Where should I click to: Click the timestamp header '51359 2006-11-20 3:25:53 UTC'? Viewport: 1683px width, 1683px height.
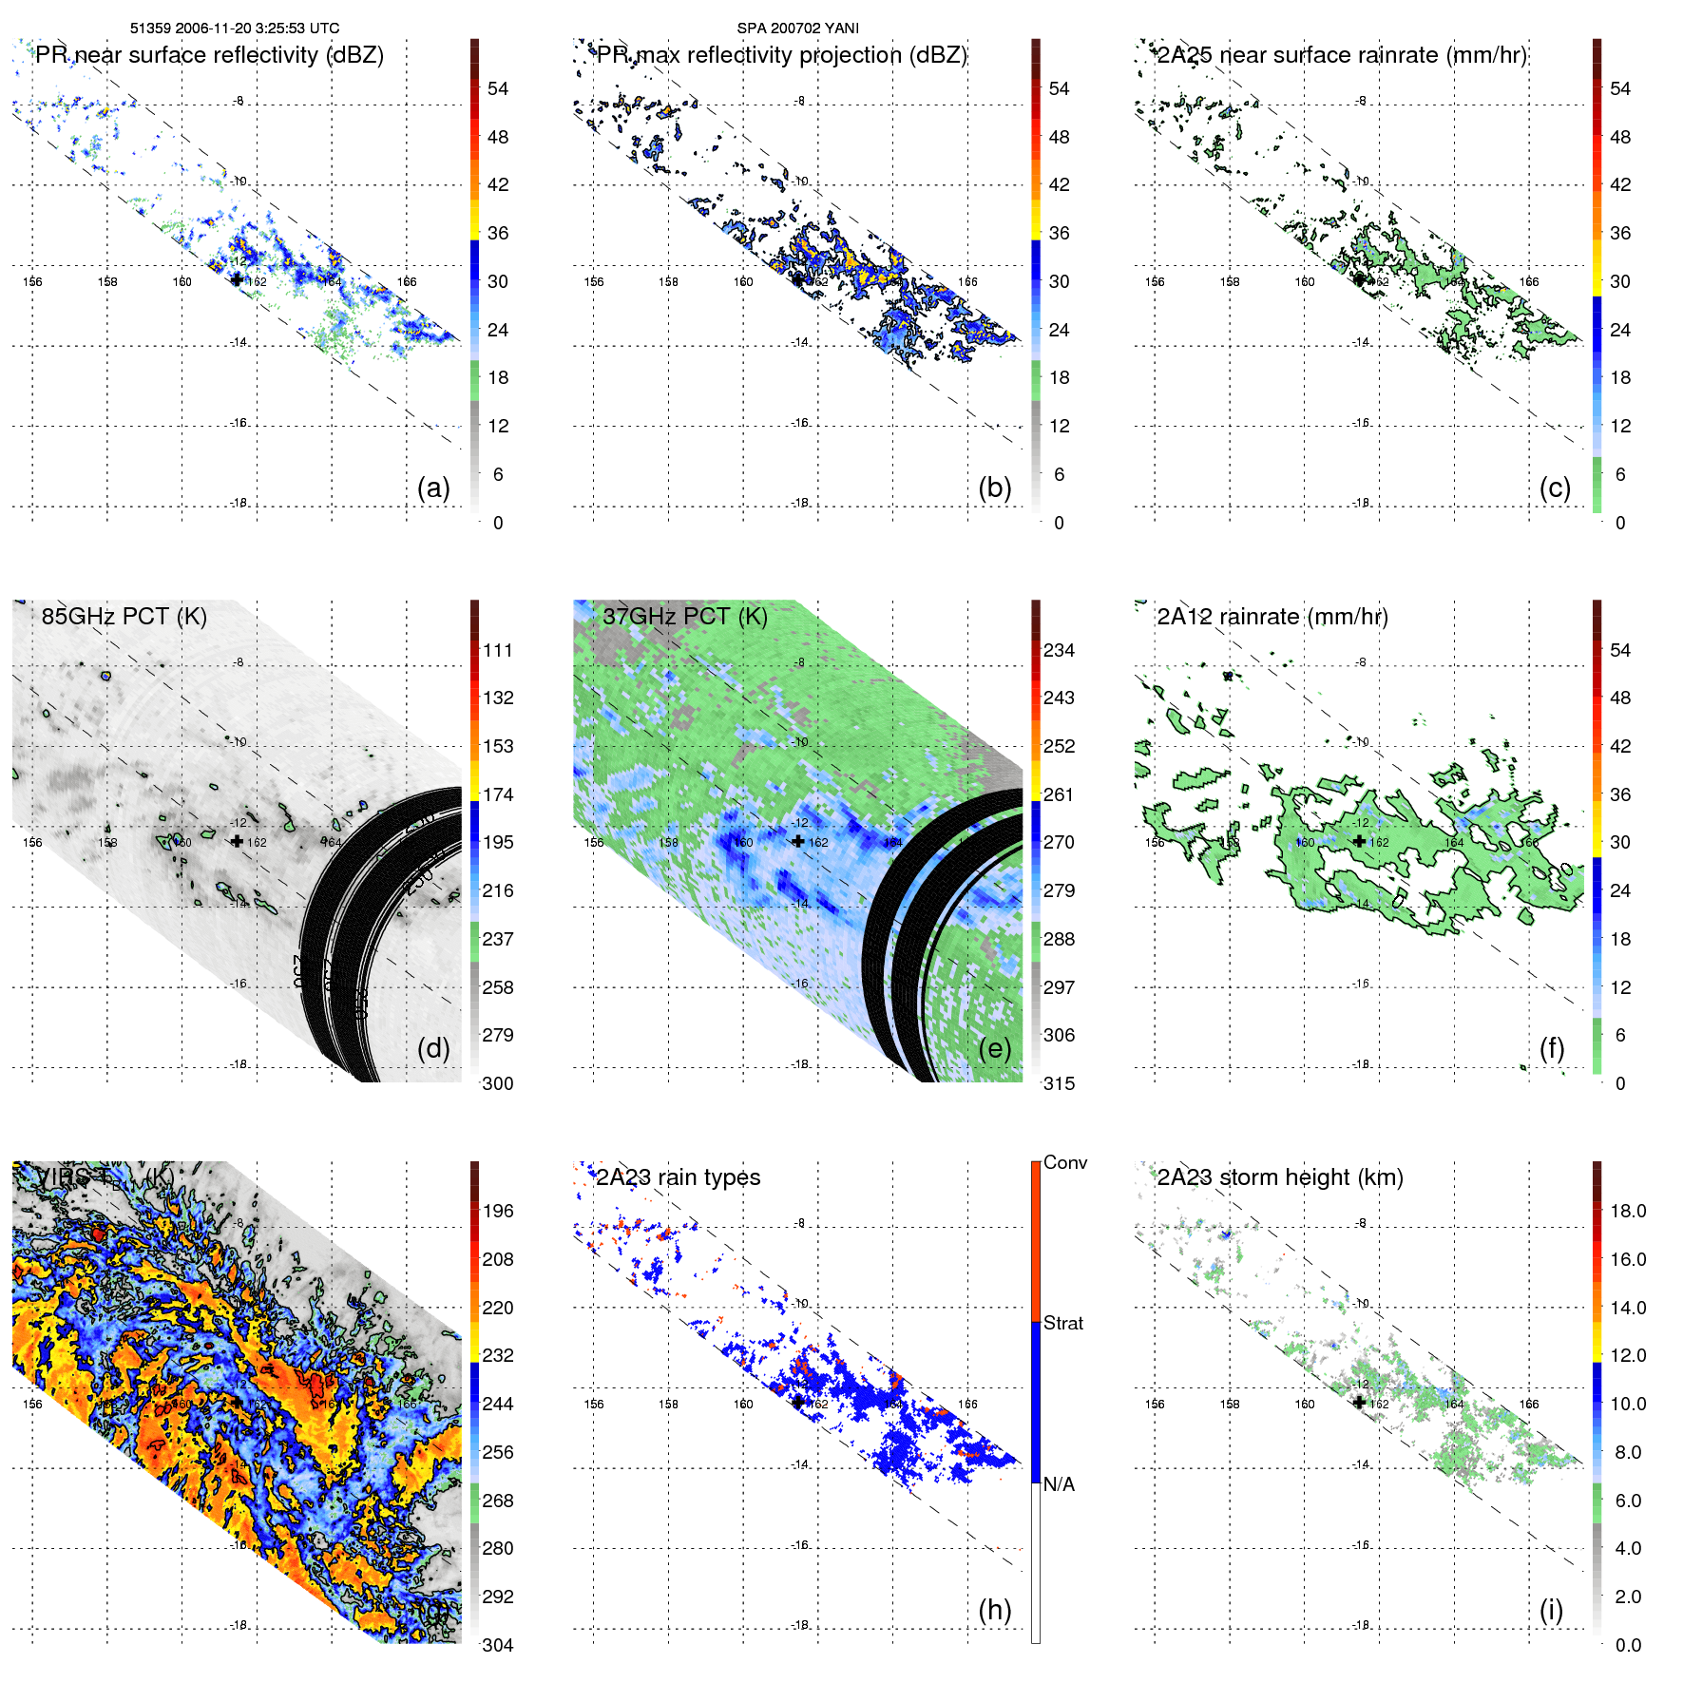coord(234,29)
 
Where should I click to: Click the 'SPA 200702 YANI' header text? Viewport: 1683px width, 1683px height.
coord(797,29)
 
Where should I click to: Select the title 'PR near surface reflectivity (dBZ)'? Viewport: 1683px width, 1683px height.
coord(209,55)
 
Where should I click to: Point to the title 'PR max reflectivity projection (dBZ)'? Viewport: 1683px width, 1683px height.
coord(781,55)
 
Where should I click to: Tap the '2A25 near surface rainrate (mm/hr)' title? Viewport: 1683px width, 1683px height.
coord(1342,55)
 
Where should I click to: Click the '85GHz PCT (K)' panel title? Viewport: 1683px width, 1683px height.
coord(124,617)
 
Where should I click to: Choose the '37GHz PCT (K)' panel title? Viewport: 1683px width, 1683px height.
coord(684,617)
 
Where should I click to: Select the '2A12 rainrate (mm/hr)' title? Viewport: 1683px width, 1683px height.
coord(1272,617)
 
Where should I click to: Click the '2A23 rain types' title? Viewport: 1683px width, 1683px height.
coord(678,1177)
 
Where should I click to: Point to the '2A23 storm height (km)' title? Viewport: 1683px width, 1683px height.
coord(1280,1177)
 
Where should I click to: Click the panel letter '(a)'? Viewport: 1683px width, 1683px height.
coord(433,488)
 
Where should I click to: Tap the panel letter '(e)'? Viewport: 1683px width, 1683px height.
coord(995,1048)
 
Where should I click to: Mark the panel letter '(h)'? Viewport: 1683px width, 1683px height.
coord(995,1609)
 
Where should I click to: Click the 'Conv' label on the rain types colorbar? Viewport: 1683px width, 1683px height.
coord(1065,1162)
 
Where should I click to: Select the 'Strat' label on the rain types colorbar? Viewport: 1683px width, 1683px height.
coord(1063,1323)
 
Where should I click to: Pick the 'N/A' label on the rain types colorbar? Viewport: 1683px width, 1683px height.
coord(1059,1484)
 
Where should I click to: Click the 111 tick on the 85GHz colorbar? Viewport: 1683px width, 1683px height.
coord(498,650)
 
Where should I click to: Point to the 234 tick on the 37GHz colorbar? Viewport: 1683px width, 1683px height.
coord(1059,650)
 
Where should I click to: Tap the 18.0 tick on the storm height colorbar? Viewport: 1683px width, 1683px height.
coord(1628,1211)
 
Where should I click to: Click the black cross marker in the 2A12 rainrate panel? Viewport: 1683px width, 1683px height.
coord(1360,841)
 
